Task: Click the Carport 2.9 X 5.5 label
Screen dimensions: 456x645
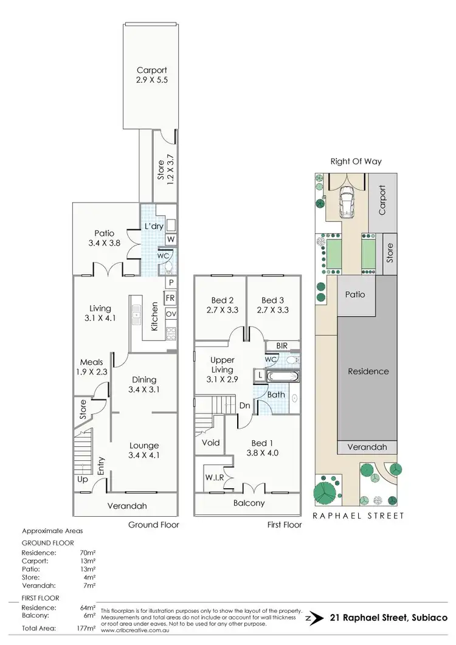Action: coord(151,75)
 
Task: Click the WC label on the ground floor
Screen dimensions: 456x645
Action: coord(164,256)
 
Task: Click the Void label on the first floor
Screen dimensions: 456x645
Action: coord(211,443)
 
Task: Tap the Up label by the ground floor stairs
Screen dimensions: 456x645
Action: coord(81,480)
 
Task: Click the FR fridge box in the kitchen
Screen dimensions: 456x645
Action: coord(171,299)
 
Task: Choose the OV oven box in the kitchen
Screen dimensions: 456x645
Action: coord(171,314)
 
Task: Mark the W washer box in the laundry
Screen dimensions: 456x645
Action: coord(171,240)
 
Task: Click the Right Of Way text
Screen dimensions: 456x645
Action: coord(356,162)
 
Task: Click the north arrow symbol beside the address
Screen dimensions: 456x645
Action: coord(314,617)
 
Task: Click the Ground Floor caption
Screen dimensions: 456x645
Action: coord(152,524)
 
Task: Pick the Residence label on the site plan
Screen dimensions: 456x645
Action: coord(368,371)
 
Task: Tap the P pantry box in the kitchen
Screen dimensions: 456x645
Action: coord(171,283)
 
